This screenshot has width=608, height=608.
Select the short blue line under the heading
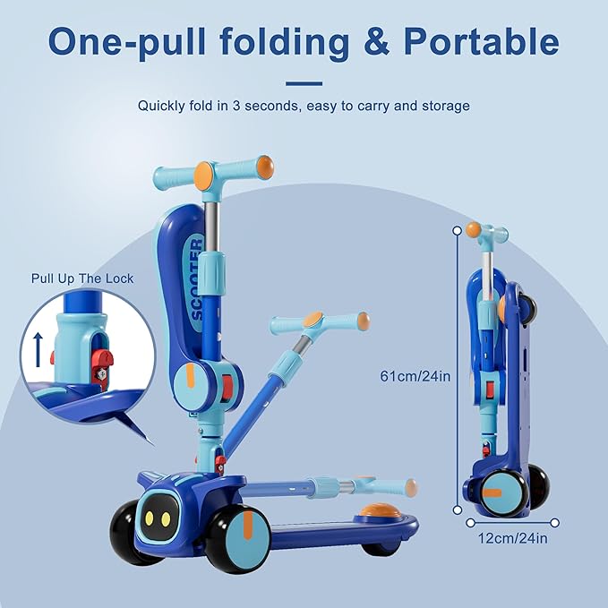tap(304, 82)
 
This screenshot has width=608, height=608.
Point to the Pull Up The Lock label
tap(81, 278)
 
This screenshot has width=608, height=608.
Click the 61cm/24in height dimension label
tap(415, 376)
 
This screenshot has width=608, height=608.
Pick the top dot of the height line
tap(458, 230)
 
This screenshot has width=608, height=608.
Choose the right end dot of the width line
tap(555, 522)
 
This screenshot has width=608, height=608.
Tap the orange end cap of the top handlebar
tap(265, 167)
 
